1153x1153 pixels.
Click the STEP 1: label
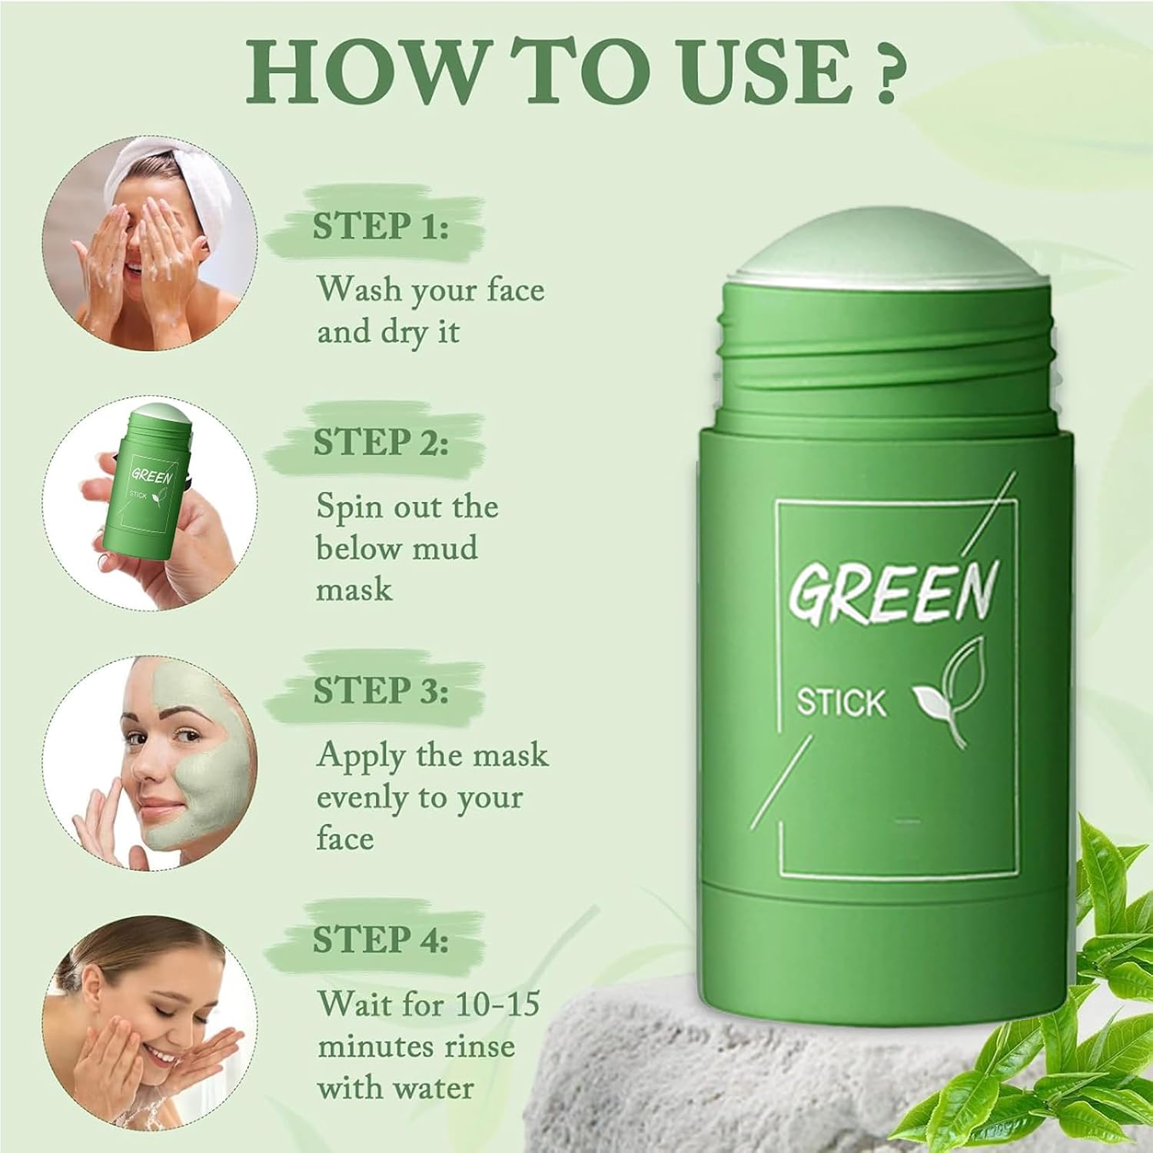tap(380, 227)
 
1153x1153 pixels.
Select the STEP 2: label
tap(380, 444)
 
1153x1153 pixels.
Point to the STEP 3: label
tap(380, 691)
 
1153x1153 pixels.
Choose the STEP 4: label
tap(380, 940)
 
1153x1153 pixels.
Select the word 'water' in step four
tap(430, 1088)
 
